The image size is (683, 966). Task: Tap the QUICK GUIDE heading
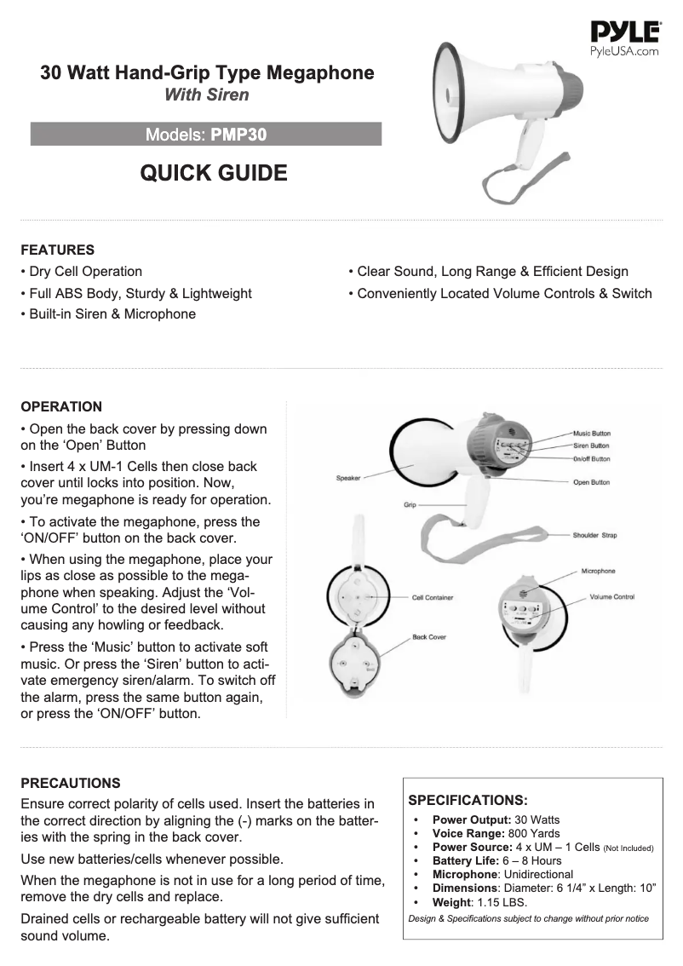(x=213, y=173)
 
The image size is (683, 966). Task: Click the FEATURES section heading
(x=57, y=250)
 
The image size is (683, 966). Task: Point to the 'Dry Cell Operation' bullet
(x=82, y=272)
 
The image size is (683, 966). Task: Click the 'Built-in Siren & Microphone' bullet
(x=108, y=314)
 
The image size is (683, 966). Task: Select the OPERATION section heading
(x=61, y=406)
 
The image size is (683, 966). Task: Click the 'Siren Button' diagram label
(x=591, y=446)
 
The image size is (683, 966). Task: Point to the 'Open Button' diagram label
(x=591, y=482)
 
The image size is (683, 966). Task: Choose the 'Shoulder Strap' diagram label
(x=594, y=536)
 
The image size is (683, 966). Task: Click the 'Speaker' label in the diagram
(x=348, y=479)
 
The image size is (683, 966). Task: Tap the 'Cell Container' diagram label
(x=433, y=598)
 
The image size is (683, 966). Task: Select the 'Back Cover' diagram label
(x=429, y=637)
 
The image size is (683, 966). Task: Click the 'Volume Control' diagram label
(x=612, y=597)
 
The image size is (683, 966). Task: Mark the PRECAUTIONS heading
(x=71, y=783)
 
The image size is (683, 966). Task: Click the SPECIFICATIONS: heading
(x=468, y=801)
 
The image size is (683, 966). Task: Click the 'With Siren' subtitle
(x=207, y=95)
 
